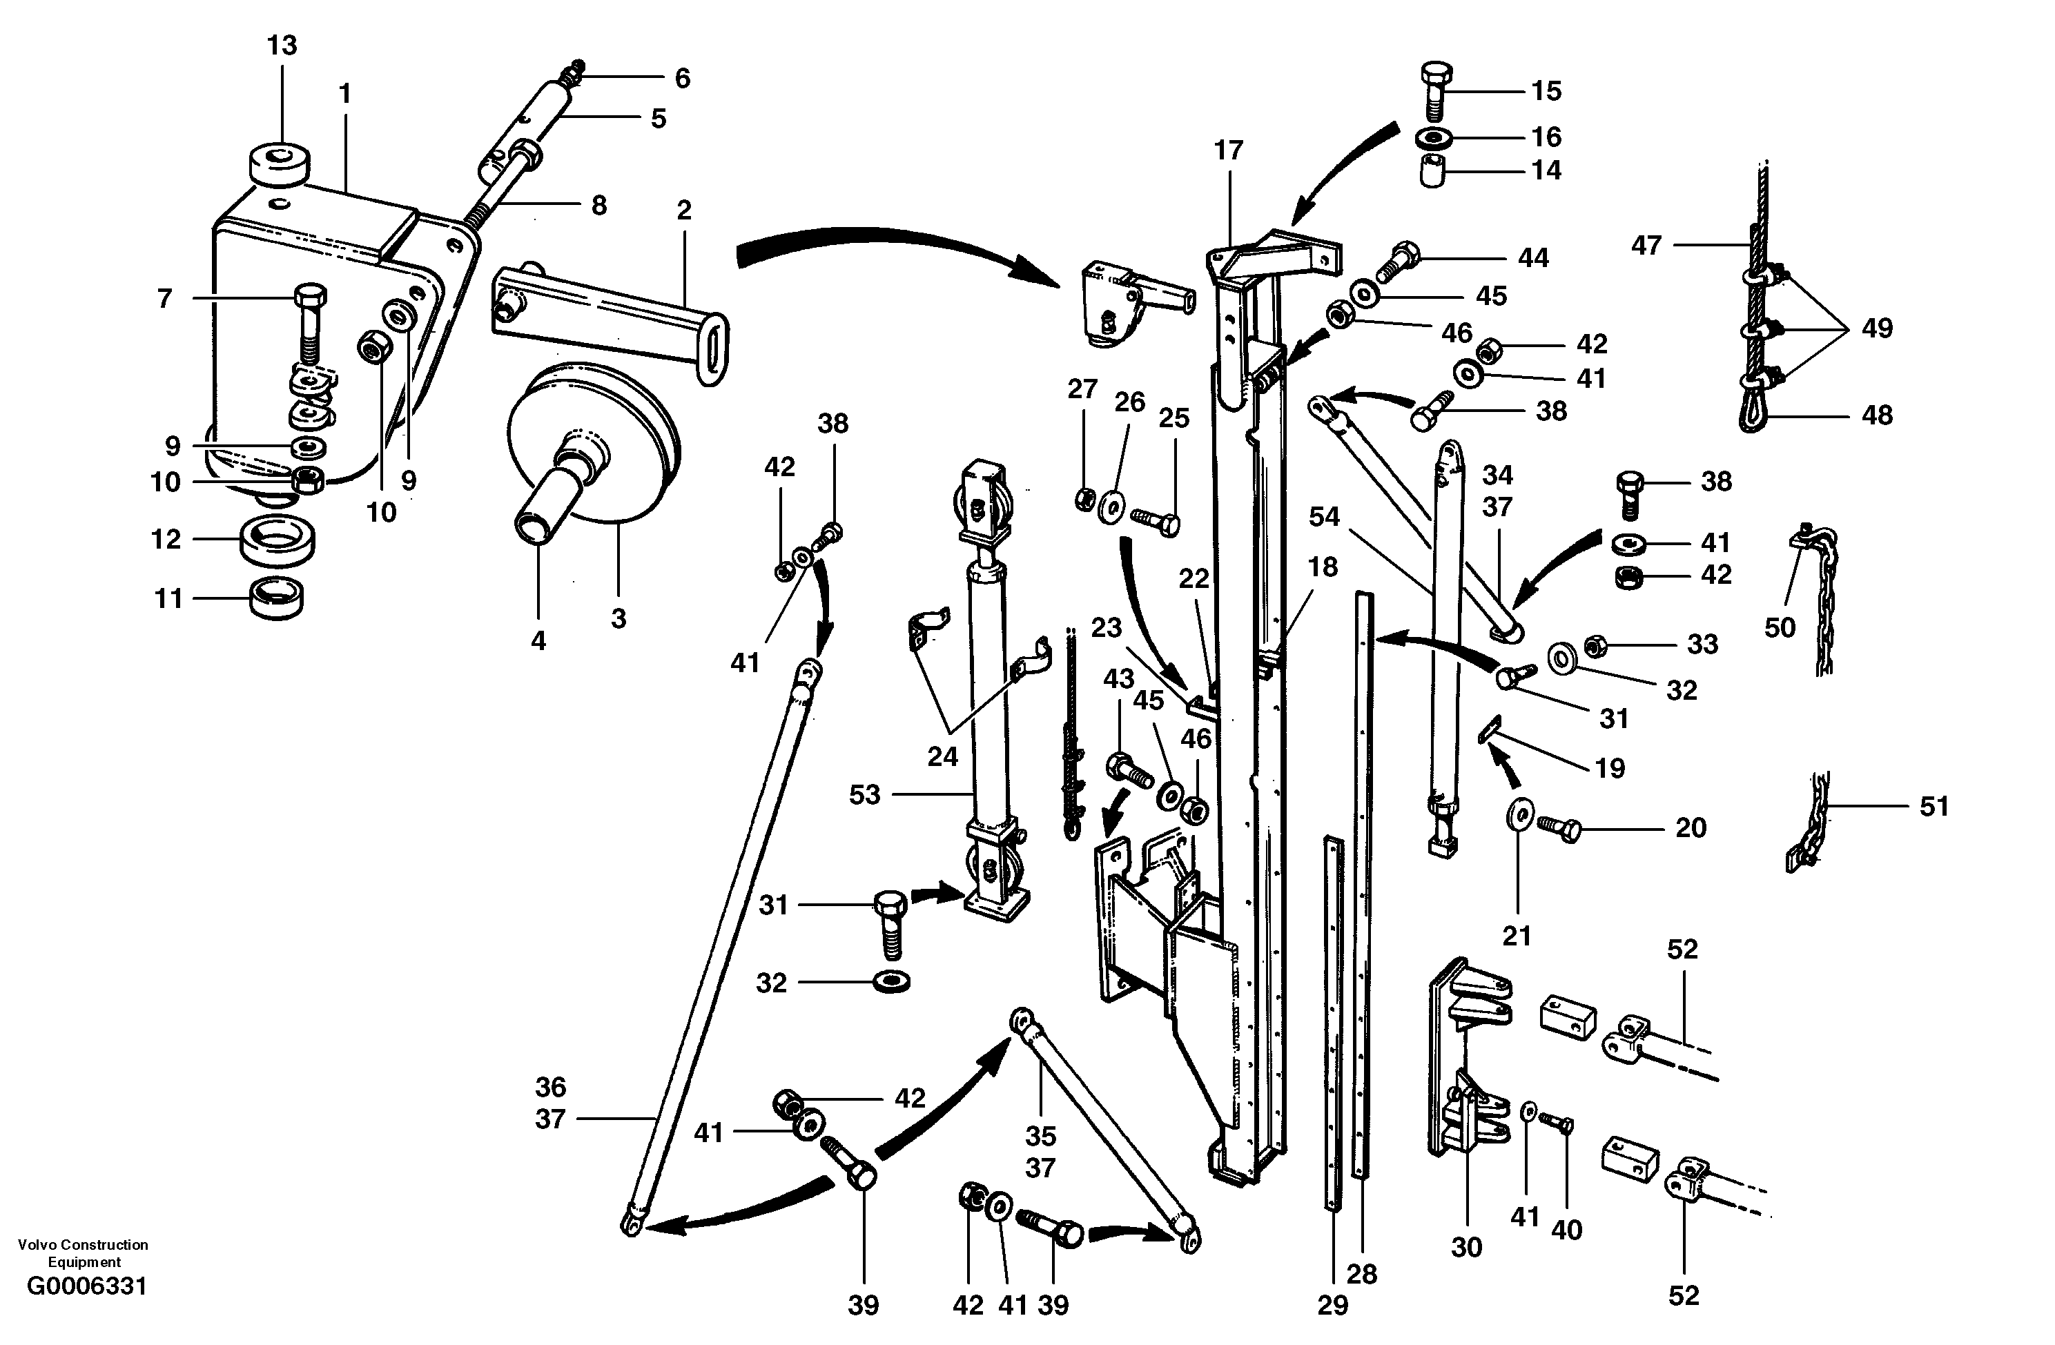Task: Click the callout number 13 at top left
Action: [x=282, y=45]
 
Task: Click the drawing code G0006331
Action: [x=86, y=1287]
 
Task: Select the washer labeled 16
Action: [x=1433, y=137]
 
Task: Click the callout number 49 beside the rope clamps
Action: [x=1876, y=328]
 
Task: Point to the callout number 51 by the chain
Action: [x=1934, y=806]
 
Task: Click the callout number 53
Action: [x=864, y=794]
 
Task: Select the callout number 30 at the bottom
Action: [x=1466, y=1246]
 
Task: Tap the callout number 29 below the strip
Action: [x=1332, y=1305]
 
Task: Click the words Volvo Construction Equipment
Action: [x=83, y=1253]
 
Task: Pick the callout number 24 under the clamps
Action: [x=942, y=757]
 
